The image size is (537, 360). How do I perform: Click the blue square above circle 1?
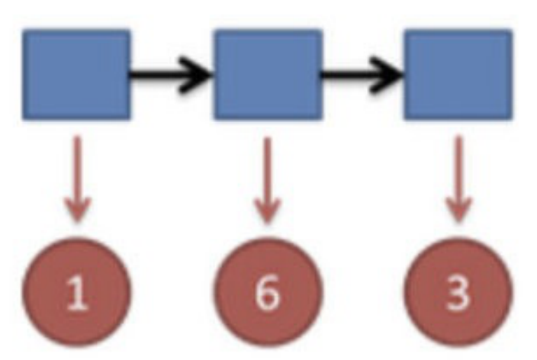click(x=76, y=74)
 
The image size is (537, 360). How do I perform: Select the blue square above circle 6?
click(x=267, y=74)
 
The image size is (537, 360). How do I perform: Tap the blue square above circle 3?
click(x=458, y=74)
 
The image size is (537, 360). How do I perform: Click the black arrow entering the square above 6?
click(x=172, y=75)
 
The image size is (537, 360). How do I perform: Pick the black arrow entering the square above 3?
click(x=362, y=75)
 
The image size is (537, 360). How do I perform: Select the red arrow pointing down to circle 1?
click(x=76, y=179)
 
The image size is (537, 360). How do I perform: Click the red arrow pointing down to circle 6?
click(x=267, y=179)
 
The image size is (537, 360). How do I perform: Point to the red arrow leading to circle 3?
click(x=458, y=179)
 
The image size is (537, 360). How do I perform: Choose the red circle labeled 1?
click(x=76, y=293)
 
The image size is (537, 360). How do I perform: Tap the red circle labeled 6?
click(x=267, y=293)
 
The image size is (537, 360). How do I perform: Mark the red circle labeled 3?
click(x=458, y=293)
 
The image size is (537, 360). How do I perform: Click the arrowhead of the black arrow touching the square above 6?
click(x=198, y=75)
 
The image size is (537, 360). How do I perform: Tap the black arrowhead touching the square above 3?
click(x=390, y=75)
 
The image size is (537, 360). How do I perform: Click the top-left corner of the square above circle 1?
click(x=24, y=31)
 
